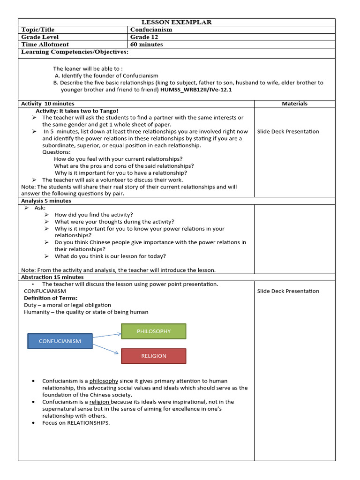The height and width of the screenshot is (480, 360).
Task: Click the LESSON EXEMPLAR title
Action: pos(177,22)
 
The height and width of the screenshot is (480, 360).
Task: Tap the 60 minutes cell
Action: pos(147,45)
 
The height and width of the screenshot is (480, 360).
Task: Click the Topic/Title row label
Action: pos(37,30)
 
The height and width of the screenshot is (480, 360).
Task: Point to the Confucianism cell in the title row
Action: pos(151,30)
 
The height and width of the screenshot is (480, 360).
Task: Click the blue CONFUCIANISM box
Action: pos(60,341)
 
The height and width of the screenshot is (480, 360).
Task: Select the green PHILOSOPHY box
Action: pos(154,331)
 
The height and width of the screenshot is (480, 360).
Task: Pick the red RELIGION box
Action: pos(154,356)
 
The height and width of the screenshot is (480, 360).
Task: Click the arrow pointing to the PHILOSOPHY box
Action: pos(107,335)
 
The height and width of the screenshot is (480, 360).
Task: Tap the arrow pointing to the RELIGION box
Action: pos(107,348)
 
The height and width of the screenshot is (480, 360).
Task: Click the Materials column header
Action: pos(294,104)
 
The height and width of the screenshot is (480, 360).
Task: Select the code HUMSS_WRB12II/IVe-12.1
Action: pos(196,90)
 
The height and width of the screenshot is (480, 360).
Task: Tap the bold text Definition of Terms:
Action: pos(51,298)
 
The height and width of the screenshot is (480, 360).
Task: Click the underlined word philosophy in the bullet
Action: pos(104,381)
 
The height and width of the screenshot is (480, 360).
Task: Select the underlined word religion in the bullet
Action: pos(99,402)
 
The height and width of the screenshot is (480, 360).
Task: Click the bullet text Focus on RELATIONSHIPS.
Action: pos(76,423)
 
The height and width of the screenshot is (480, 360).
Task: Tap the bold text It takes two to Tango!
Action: pos(89,111)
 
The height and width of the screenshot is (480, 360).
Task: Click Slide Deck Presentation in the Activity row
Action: pos(288,131)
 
